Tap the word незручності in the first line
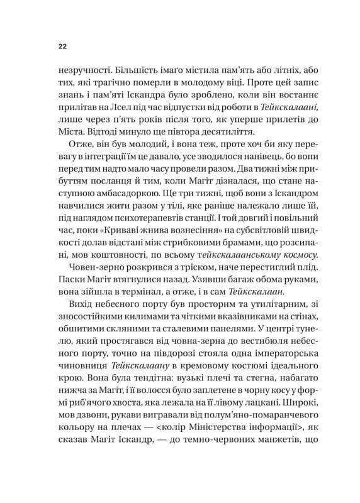click(81, 70)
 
